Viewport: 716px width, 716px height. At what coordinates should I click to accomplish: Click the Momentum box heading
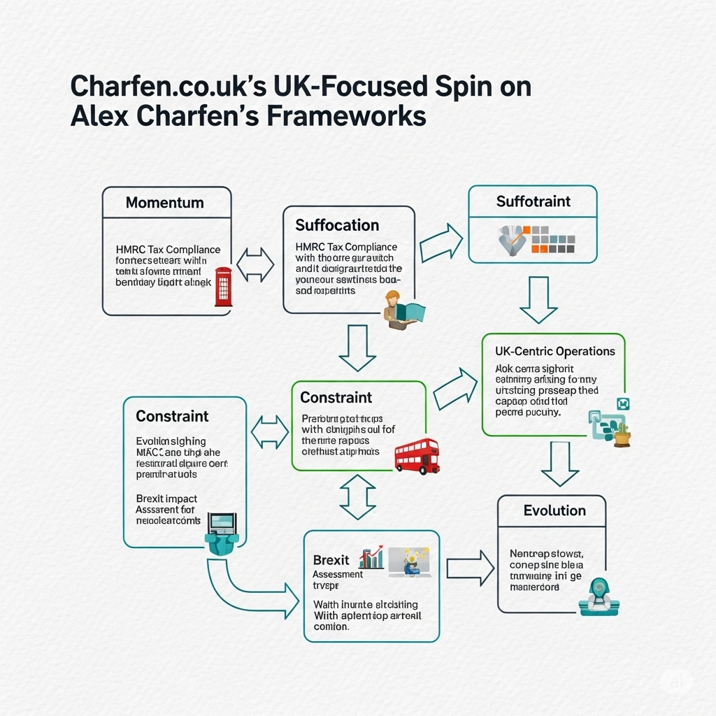pos(164,203)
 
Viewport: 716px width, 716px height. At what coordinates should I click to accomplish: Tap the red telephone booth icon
pos(223,287)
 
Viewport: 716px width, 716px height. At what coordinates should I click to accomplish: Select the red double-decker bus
pos(416,456)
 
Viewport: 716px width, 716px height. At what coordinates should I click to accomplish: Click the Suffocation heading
pos(337,225)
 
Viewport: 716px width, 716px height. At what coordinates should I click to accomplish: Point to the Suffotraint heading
pos(533,201)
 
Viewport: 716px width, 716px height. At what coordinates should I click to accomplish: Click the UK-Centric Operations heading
pos(554,351)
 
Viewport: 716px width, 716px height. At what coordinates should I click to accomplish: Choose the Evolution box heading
pos(554,510)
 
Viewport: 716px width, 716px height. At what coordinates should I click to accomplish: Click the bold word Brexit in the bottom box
pos(331,561)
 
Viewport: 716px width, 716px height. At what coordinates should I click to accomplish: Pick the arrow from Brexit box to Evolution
pos(469,568)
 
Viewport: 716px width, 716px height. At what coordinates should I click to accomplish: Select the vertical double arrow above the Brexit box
pos(357,496)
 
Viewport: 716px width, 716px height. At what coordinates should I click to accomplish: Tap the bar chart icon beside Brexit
pos(371,557)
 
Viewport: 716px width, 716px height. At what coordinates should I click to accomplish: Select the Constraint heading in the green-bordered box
pos(336,397)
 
